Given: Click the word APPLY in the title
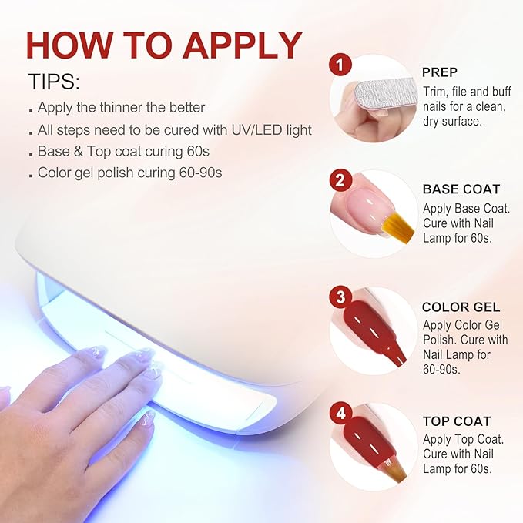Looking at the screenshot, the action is coord(243,45).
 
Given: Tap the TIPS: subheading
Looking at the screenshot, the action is coord(55,82).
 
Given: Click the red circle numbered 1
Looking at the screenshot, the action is coord(340,65).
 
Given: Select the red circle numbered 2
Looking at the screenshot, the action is coord(340,180).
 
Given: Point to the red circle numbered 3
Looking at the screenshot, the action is coord(340,297).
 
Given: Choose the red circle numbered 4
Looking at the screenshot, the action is coord(340,413).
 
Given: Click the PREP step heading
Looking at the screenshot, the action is coord(440,72).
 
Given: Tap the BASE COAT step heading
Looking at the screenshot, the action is coord(461,189).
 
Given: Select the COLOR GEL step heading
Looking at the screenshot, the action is coord(461,307).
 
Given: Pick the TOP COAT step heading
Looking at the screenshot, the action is coord(457,421).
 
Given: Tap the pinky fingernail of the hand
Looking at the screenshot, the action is coord(147,417).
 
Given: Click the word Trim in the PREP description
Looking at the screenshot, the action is coord(434,92).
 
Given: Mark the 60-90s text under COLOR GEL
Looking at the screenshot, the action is coord(441,369).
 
